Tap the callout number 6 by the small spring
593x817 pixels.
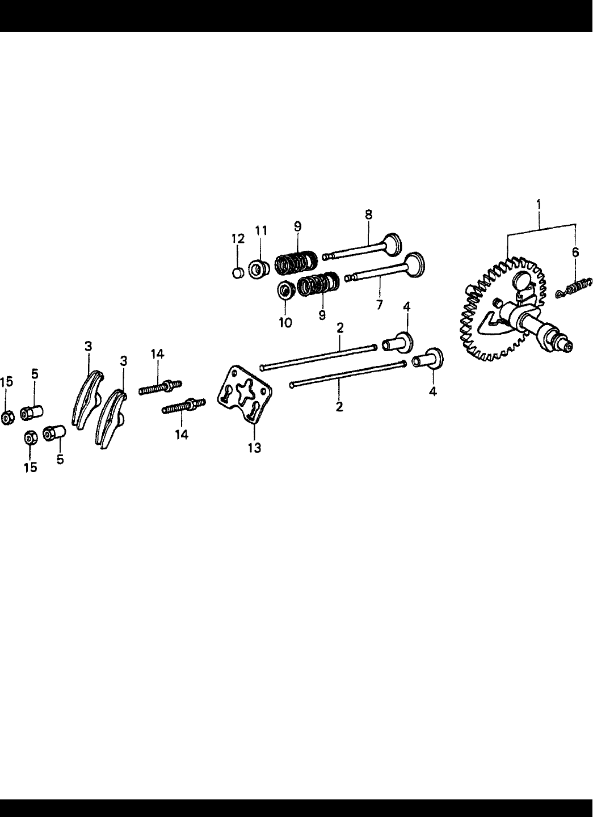[x=575, y=252]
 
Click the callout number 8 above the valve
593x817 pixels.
[x=368, y=215]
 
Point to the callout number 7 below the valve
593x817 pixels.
[x=378, y=305]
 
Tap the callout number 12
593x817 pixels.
[x=238, y=239]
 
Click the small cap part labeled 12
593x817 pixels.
[x=238, y=272]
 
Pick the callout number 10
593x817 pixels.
[x=285, y=322]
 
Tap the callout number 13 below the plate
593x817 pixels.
[x=254, y=448]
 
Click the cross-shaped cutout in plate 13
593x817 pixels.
[x=245, y=391]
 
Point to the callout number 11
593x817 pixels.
[x=260, y=230]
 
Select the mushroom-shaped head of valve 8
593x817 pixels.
[x=392, y=244]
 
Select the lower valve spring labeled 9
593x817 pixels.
[x=318, y=284]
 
